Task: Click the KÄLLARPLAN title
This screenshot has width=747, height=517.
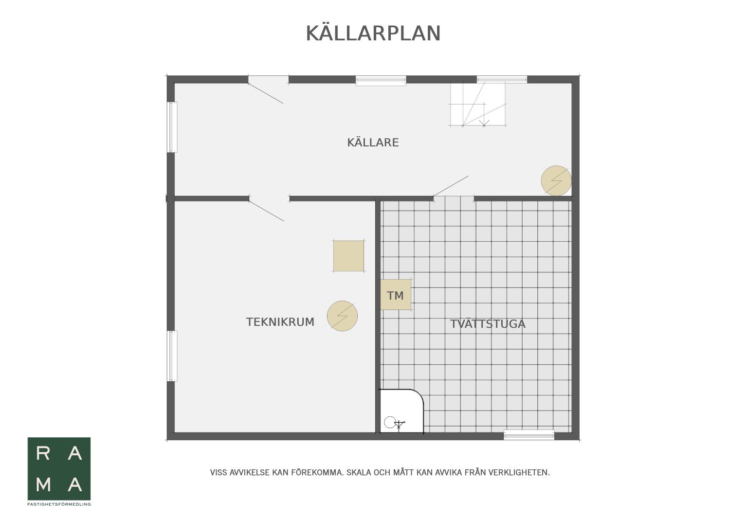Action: point(373,33)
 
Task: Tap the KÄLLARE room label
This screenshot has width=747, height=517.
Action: point(373,143)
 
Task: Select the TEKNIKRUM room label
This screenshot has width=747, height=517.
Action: point(280,322)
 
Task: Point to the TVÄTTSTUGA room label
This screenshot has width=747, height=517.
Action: point(488,323)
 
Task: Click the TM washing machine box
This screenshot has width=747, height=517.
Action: point(396,295)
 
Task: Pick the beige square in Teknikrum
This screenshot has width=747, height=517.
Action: point(348,256)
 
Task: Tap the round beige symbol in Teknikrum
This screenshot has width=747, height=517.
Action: point(342,316)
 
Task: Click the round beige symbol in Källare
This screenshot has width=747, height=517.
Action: point(556,180)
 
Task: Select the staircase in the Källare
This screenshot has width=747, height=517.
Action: point(477,105)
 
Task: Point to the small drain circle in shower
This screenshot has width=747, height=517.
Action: point(390,422)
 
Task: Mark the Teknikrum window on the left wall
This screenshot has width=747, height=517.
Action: point(172,356)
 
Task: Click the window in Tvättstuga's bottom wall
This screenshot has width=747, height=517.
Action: point(529,435)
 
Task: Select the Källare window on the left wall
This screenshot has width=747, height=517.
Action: point(172,127)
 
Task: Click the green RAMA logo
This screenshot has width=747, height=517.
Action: point(59,469)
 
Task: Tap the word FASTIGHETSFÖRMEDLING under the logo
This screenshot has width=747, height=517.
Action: point(59,504)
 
